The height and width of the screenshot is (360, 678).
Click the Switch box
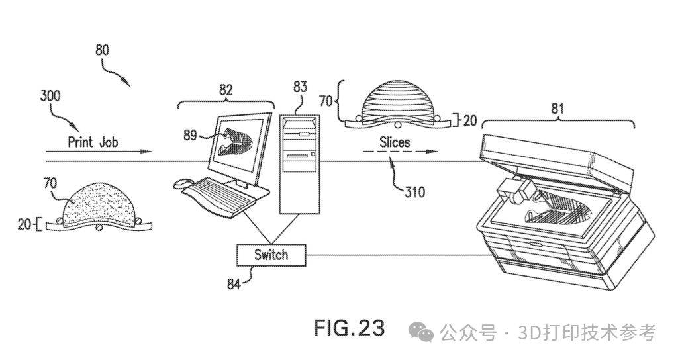pos(271,254)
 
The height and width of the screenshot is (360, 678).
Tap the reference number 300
pos(50,96)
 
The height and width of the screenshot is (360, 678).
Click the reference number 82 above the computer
pos(226,91)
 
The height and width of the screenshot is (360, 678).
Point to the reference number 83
pos(301,87)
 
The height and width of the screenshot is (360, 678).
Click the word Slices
pos(395,142)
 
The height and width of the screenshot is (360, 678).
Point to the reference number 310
pos(414,193)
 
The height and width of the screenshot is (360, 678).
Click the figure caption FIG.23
pos(349,328)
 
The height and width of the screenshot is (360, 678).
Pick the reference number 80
pos(103,50)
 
